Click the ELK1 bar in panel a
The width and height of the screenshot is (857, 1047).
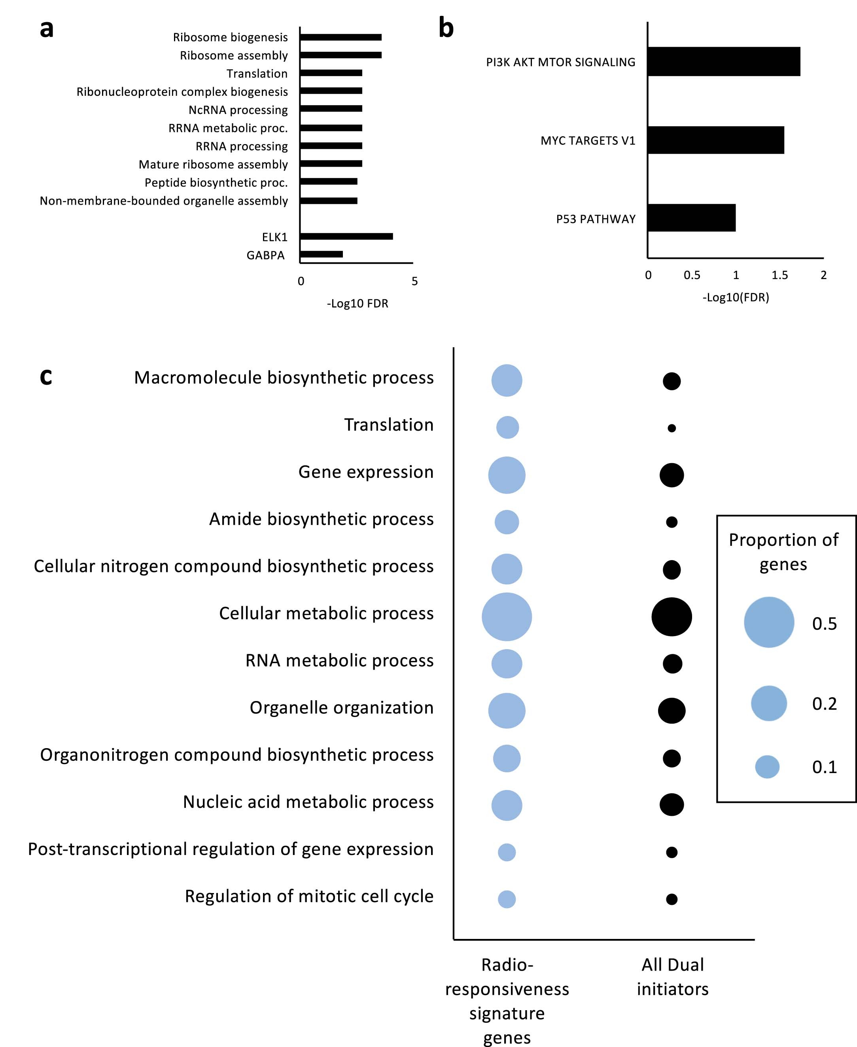pos(346,236)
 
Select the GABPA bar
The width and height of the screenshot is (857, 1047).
pos(321,254)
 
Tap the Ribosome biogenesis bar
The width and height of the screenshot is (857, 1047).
pos(341,37)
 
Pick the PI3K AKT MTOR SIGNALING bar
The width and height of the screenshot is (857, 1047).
pos(723,62)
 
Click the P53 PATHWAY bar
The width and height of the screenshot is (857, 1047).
pos(691,217)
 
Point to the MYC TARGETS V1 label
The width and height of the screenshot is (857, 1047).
pos(587,141)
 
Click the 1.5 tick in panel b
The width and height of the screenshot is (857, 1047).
pos(779,275)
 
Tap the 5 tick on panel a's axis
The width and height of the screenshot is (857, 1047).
pos(414,281)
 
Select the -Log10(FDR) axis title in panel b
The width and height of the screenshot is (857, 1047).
pos(736,297)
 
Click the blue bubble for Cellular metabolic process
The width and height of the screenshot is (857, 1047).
pos(507,617)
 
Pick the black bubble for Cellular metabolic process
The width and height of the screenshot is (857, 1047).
pos(672,617)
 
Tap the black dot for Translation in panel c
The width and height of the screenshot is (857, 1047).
pos(672,428)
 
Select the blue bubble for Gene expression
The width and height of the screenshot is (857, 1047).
pos(507,475)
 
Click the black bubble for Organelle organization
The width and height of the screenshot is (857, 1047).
pos(672,711)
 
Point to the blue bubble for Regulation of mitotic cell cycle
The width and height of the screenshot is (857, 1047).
pos(507,899)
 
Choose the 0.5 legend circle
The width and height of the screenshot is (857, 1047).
pos(769,622)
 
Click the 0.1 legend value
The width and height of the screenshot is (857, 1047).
pos(825,767)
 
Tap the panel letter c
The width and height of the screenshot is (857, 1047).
pos(46,376)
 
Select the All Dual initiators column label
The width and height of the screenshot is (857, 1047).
pos(672,977)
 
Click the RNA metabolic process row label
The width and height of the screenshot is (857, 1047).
pos(339,660)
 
